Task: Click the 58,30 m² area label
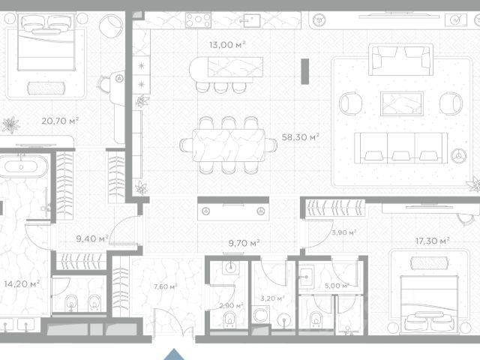(x=300, y=136)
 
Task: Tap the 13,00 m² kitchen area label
(x=227, y=45)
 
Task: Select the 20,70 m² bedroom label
(x=60, y=121)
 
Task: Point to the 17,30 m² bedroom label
(x=432, y=241)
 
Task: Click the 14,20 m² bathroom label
(x=22, y=283)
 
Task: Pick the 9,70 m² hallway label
(x=244, y=243)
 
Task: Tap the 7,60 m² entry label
(x=166, y=286)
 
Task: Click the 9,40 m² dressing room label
(x=92, y=238)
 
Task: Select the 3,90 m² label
(x=343, y=232)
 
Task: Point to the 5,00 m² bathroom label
(x=337, y=286)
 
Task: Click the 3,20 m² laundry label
(x=272, y=298)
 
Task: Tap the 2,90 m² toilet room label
(x=231, y=305)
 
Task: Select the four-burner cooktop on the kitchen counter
(x=198, y=20)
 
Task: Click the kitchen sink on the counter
(x=252, y=20)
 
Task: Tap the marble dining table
(x=229, y=145)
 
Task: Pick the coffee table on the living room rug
(x=402, y=103)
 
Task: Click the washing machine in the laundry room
(x=260, y=315)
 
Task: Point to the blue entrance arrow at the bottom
(x=174, y=354)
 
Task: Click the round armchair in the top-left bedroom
(x=111, y=26)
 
